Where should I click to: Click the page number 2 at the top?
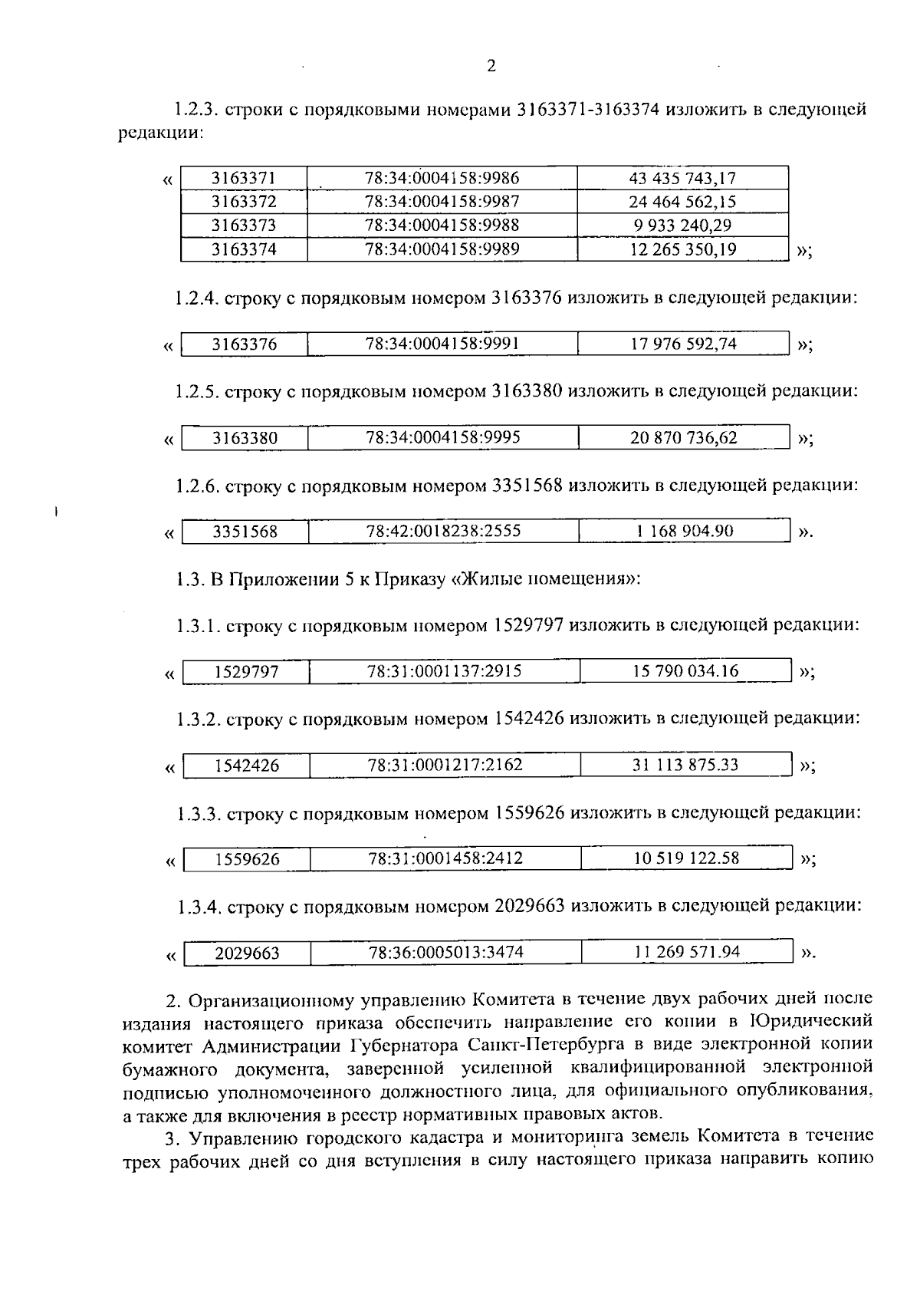(491, 66)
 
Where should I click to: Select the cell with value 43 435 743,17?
(682, 179)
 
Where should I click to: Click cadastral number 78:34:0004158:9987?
(442, 202)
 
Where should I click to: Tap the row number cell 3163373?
(244, 226)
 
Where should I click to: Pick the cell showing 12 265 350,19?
(682, 249)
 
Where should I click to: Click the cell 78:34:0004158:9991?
(442, 344)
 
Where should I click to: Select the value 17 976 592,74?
(683, 344)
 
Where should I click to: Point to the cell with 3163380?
(245, 438)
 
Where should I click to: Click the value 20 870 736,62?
(684, 437)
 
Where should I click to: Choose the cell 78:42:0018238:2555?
(444, 531)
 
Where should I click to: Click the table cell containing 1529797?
(246, 673)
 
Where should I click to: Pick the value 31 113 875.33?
(685, 765)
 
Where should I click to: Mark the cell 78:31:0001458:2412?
(445, 858)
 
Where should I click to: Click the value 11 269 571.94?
(687, 952)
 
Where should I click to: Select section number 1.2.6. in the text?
(197, 486)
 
